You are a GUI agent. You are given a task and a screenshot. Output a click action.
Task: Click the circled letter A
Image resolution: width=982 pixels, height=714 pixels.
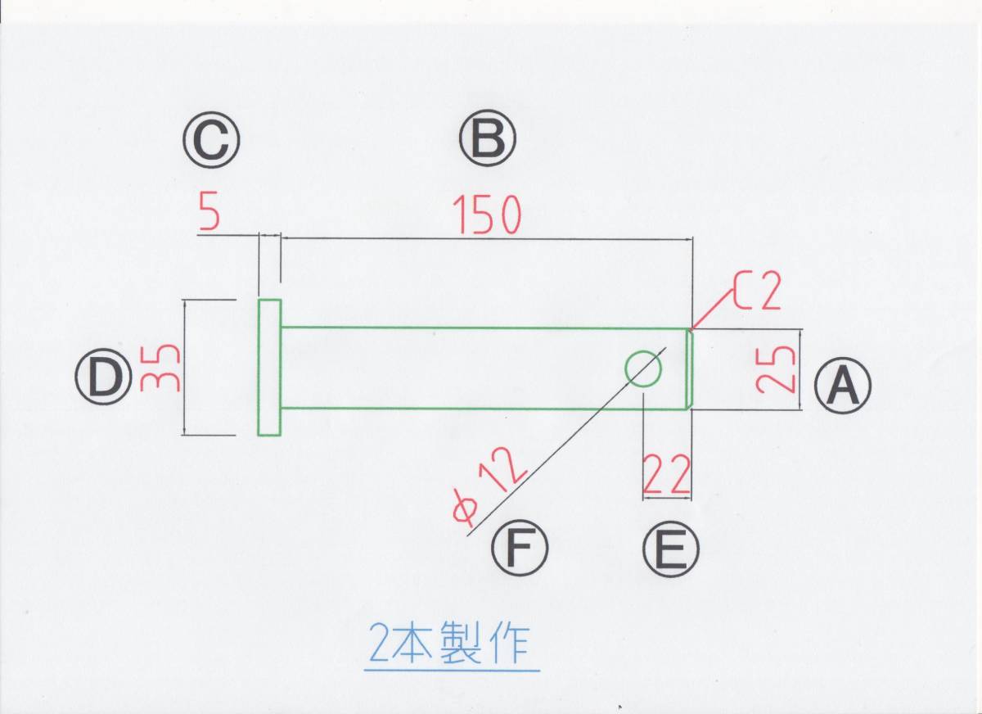(843, 386)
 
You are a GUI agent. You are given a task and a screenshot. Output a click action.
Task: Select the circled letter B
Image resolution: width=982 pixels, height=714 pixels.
(488, 139)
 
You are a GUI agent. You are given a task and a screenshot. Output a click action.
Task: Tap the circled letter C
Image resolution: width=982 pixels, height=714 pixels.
(211, 139)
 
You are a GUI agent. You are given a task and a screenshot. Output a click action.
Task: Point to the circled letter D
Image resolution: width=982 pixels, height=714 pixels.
(103, 377)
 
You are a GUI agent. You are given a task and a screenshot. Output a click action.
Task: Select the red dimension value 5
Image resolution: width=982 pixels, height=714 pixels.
(209, 215)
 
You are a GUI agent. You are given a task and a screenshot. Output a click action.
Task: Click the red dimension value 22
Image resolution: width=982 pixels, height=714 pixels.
(667, 475)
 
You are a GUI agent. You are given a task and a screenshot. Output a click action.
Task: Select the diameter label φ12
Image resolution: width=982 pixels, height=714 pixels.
(489, 489)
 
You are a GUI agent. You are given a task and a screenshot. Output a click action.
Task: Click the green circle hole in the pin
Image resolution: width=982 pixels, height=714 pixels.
(643, 368)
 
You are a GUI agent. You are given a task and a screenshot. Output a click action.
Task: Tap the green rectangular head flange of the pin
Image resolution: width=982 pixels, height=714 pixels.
(269, 368)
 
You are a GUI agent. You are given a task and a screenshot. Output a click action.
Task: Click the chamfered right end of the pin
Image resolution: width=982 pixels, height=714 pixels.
(689, 368)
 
